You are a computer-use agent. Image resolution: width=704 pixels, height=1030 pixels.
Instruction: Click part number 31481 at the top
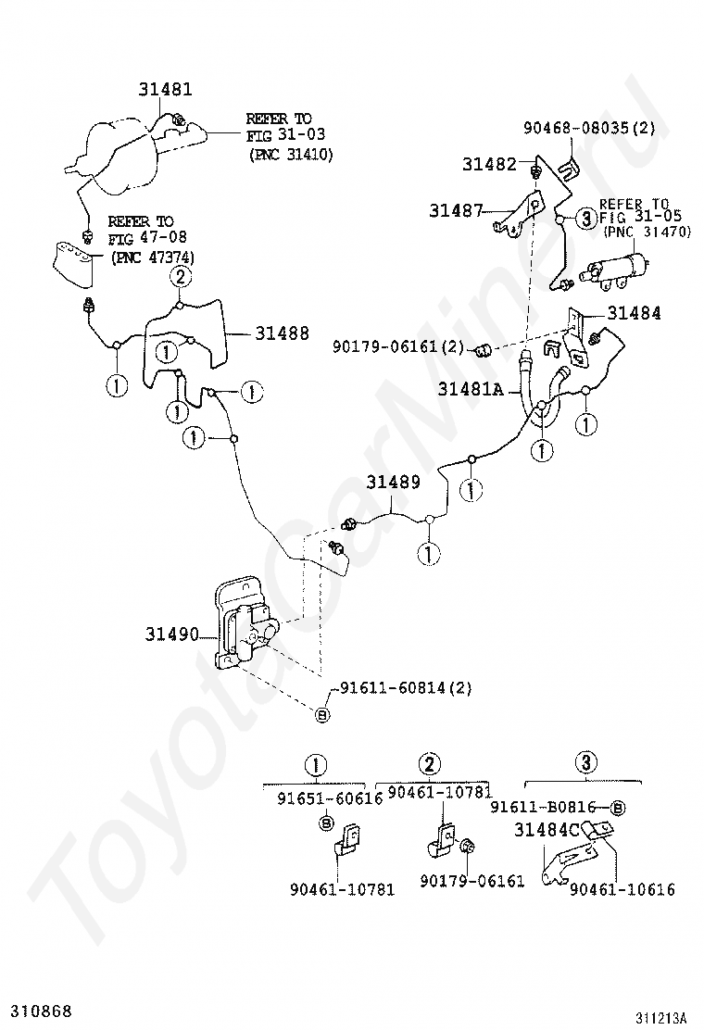(166, 90)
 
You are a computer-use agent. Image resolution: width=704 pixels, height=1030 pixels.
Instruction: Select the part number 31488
(283, 334)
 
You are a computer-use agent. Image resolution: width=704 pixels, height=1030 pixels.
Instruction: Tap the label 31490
(171, 634)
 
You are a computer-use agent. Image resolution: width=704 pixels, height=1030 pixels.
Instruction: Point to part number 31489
(393, 483)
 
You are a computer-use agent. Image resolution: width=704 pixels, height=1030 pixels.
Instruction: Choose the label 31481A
(470, 390)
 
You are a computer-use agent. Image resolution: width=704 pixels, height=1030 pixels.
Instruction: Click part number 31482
(489, 164)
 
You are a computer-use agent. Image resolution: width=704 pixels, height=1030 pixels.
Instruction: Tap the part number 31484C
(547, 830)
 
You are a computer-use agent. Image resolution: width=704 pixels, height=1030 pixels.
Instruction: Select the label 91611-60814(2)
(406, 687)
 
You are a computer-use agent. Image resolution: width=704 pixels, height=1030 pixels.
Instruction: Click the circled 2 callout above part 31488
(180, 276)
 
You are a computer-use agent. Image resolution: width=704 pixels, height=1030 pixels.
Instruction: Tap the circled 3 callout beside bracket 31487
(585, 219)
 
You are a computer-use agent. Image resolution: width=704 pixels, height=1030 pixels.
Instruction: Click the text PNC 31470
(647, 232)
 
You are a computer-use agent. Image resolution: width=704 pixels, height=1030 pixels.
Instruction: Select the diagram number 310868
(40, 1009)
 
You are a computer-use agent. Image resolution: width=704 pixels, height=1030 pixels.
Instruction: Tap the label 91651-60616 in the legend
(330, 799)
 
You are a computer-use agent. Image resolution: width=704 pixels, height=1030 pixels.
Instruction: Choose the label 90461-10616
(622, 889)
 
